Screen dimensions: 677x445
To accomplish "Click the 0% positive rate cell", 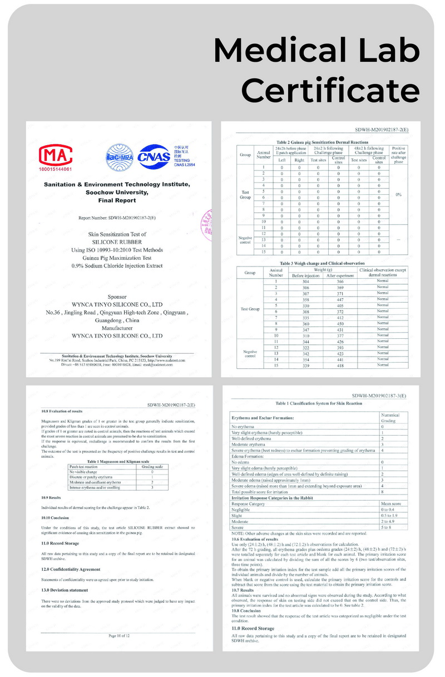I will pyautogui.click(x=398, y=195).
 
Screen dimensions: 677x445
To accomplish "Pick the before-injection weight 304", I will pyautogui.click(x=305, y=282).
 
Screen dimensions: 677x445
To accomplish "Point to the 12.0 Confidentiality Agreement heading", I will pyautogui.click(x=71, y=570).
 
